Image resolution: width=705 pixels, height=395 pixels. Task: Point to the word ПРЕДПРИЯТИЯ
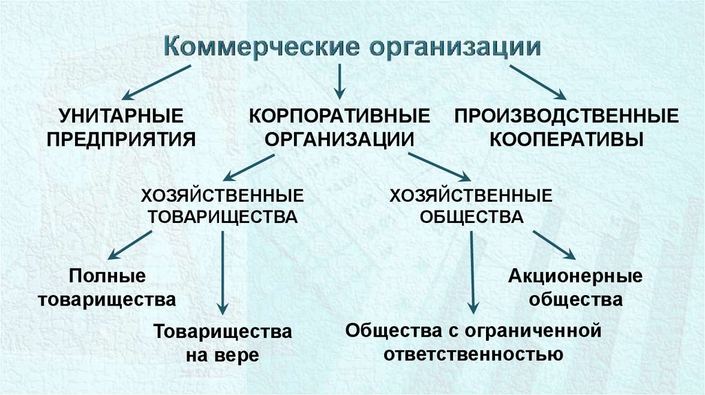(x=120, y=138)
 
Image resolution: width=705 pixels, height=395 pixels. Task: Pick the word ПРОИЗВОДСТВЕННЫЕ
(x=566, y=114)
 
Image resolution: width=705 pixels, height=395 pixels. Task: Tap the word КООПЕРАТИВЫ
(x=566, y=138)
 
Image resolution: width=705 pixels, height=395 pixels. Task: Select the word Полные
(x=107, y=277)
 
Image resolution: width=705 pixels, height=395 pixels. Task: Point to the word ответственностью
(x=474, y=354)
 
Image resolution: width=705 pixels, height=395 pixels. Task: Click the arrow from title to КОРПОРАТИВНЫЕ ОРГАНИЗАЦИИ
(x=339, y=81)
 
